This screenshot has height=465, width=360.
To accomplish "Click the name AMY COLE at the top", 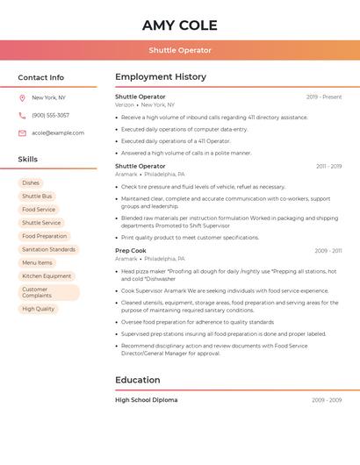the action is point(179,25).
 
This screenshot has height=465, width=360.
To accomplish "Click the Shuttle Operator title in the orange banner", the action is point(179,50).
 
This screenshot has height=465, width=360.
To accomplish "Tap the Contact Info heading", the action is point(40,77).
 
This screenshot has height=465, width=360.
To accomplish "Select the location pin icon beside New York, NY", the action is point(22,98).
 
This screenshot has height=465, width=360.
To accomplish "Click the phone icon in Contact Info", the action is point(22,116).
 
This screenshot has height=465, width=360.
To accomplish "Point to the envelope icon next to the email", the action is point(22,133).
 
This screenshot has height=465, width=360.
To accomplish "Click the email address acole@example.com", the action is point(58,133).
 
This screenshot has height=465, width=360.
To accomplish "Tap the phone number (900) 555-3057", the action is point(50,116).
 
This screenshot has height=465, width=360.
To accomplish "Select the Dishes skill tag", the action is point(31,183).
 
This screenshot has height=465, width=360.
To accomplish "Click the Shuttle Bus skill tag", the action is point(37,197).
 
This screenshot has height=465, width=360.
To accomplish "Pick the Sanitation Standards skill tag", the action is point(48,249).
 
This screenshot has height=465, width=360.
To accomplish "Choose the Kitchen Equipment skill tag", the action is point(47,275).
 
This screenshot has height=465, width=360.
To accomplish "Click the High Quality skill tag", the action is point(38,309).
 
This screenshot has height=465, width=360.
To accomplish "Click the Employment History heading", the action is point(161,77).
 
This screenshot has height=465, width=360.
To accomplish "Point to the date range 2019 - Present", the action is point(324,97).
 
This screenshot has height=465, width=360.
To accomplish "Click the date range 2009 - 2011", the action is point(328,251).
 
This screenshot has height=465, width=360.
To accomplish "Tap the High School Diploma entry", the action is point(146,400).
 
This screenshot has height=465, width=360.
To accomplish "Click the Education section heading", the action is point(138,380).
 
